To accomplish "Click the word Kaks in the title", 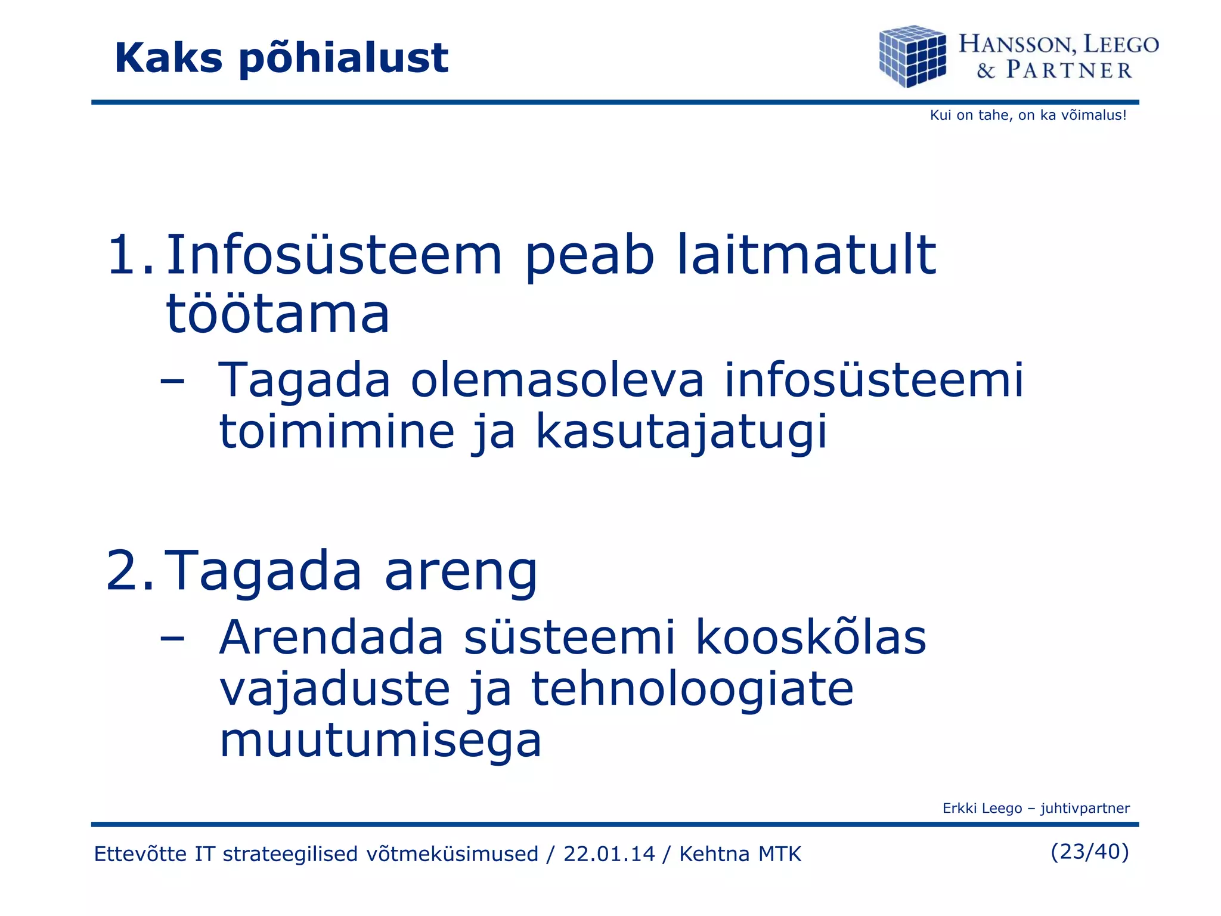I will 169,58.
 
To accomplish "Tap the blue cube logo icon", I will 912,56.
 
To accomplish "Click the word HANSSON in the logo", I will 1017,45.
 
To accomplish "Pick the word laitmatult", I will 806,255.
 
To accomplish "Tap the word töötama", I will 277,314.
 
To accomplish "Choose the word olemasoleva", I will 557,380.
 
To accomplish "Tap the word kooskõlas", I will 811,638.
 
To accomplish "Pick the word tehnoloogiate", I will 692,689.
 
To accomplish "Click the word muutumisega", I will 380,741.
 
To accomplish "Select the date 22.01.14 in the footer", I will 609,854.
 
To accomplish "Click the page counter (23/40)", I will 1089,852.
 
